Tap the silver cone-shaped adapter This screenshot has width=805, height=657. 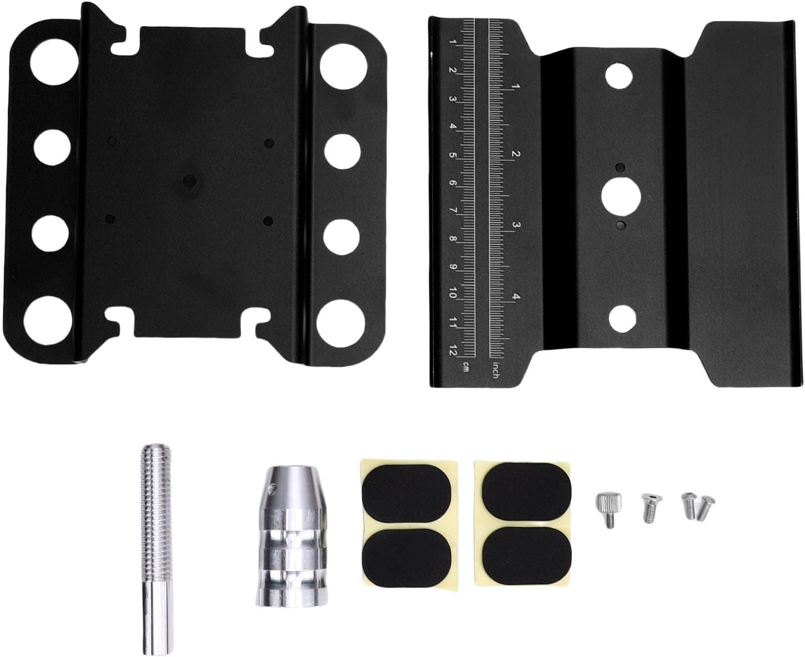(x=292, y=537)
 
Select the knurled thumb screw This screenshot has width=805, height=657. (x=608, y=509)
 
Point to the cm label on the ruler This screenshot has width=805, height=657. (x=466, y=366)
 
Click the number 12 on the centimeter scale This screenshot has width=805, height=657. (x=453, y=349)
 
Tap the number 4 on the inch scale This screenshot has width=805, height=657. (x=515, y=297)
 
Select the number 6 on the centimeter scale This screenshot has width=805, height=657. (x=452, y=183)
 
